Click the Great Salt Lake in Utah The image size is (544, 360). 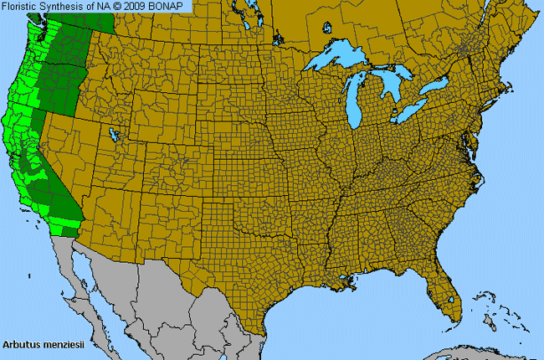point(112,133)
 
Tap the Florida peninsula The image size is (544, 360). point(444,293)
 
